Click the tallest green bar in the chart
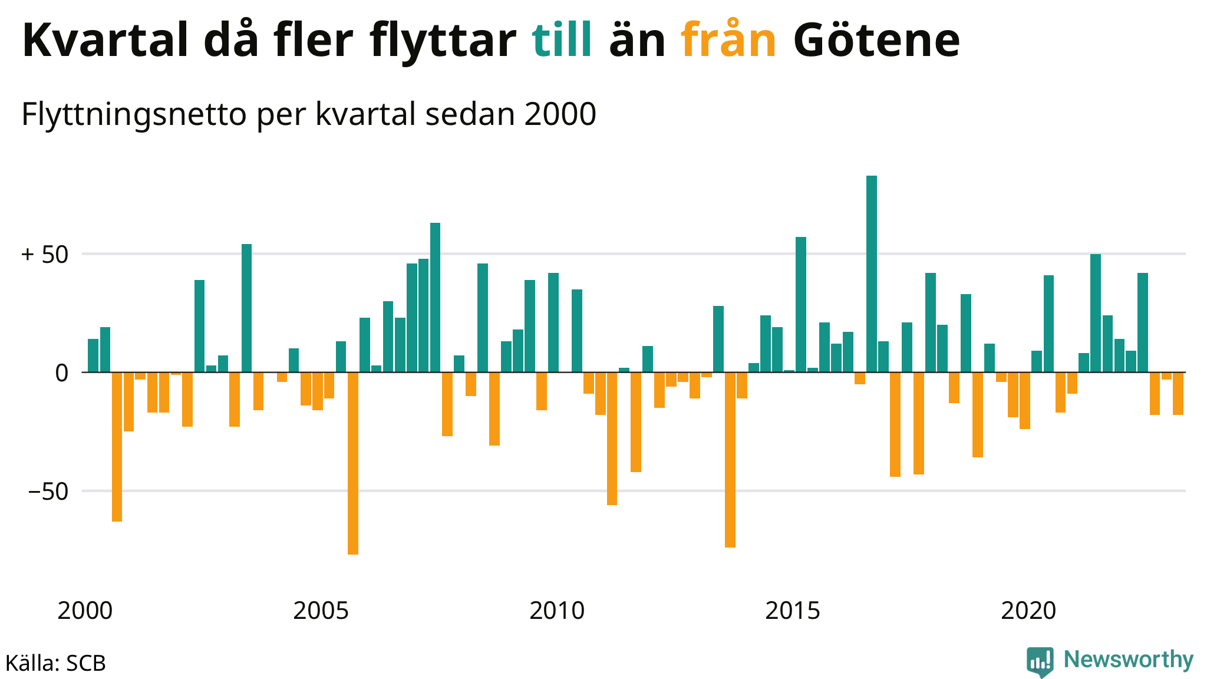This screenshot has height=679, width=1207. tap(871, 273)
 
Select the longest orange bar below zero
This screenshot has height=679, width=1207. tap(352, 463)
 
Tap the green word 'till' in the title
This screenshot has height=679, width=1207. tap(562, 40)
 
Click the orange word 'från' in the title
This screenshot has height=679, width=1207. tap(728, 40)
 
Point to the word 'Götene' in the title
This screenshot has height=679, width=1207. tap(876, 40)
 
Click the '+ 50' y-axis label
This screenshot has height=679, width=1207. tap(45, 255)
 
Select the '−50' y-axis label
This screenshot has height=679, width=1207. tap(48, 491)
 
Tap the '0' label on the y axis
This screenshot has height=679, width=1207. tap(61, 373)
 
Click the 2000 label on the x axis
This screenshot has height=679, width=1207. tap(85, 611)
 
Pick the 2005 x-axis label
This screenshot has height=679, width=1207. tap(321, 611)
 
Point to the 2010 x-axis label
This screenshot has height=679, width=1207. tap(557, 611)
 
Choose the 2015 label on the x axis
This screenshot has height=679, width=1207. tap(793, 611)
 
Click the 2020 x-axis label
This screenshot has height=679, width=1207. tap(1028, 611)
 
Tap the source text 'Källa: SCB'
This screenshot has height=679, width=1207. tap(55, 663)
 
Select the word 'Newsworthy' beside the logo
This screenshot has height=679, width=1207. tap(1129, 660)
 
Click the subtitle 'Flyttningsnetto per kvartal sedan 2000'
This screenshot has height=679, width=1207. tap(309, 114)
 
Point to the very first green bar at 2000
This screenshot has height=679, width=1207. tap(93, 355)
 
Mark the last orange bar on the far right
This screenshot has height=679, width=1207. tap(1178, 394)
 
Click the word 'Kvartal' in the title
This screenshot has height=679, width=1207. tap(105, 40)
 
